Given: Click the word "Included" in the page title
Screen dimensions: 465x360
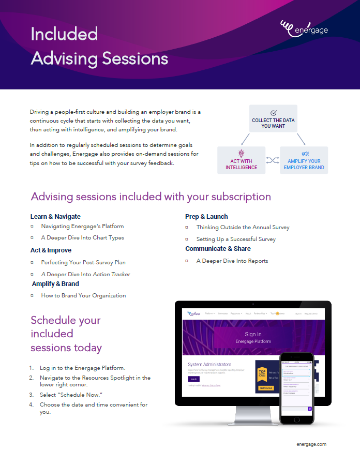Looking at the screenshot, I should point(64,34).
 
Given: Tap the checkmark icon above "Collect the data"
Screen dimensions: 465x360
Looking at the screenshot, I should point(273,112).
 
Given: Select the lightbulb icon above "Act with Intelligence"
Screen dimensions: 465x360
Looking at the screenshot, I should point(241,153).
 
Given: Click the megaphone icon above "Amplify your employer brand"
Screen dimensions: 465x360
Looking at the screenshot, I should point(304,154).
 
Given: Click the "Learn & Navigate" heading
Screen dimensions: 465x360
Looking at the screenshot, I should point(55,216).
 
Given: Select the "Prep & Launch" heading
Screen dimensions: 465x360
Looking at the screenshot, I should point(206,216).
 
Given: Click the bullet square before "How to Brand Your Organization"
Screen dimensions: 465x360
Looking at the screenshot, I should point(32,295).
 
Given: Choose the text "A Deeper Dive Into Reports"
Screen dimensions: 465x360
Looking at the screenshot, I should point(232,261).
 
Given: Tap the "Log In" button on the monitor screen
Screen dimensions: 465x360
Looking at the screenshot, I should point(193,379).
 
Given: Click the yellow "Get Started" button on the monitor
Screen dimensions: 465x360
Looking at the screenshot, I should point(266,387).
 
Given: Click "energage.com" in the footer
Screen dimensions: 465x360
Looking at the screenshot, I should point(311,444).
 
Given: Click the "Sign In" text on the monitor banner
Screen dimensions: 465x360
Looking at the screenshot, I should point(252,334).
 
